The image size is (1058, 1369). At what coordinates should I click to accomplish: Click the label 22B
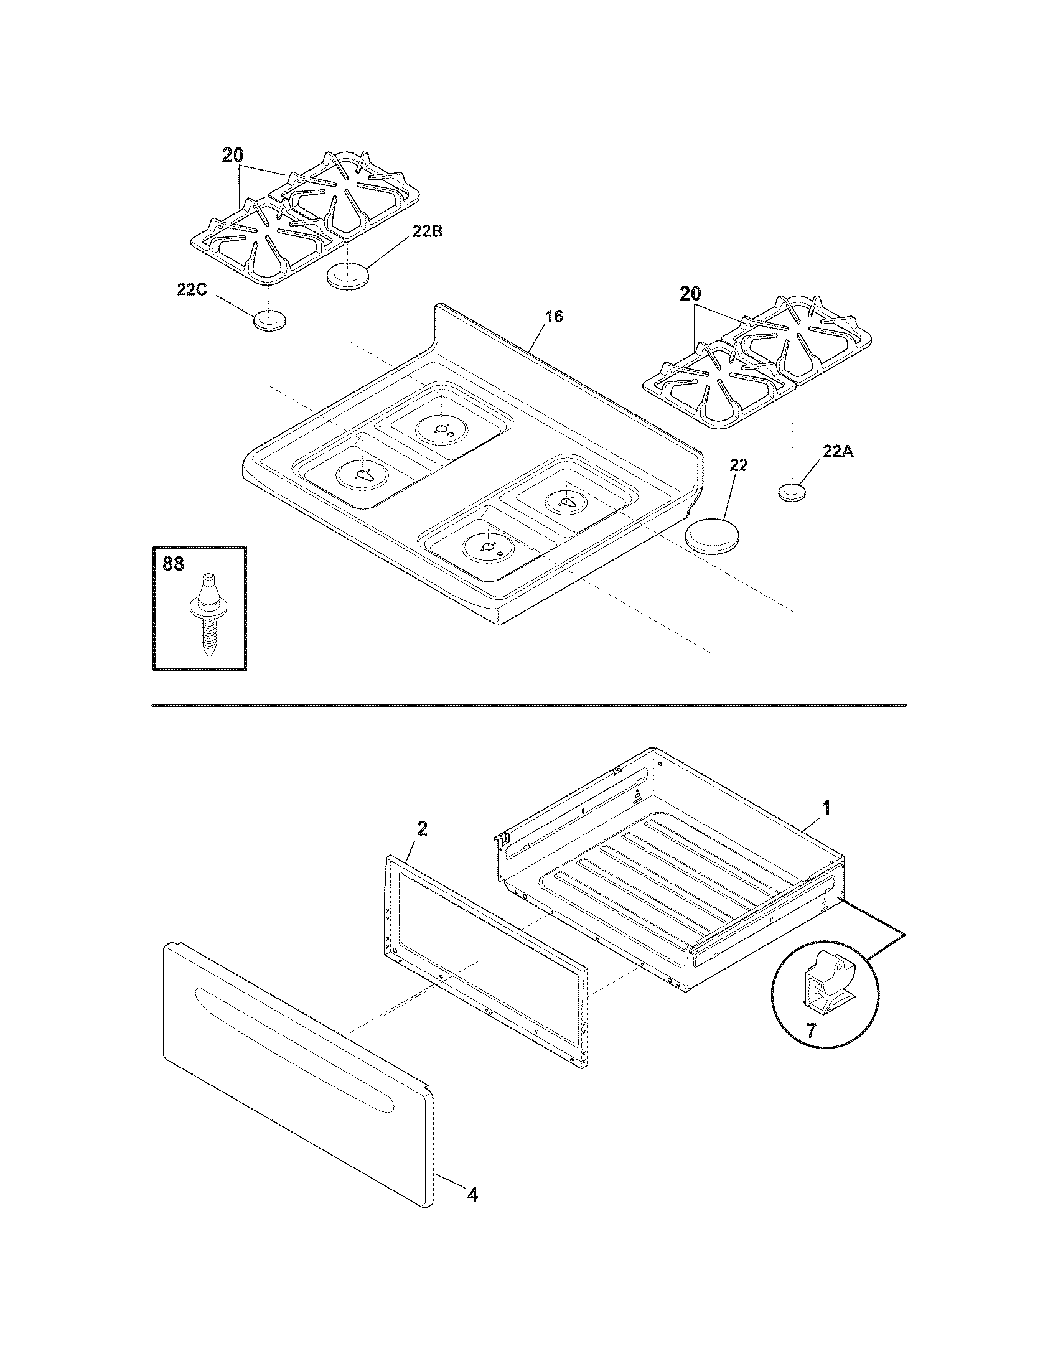click(427, 231)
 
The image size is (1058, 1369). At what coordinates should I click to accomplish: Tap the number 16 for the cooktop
click(553, 317)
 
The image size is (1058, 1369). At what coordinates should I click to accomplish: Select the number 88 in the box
click(174, 564)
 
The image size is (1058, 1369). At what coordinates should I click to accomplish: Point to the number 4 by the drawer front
click(472, 1195)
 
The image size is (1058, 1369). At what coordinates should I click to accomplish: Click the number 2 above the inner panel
click(422, 829)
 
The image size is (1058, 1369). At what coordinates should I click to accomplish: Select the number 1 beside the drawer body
click(826, 808)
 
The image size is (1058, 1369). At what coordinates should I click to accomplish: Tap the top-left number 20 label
click(233, 156)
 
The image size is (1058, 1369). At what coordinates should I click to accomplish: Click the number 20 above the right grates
click(690, 294)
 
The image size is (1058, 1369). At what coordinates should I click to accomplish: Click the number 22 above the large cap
click(738, 465)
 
